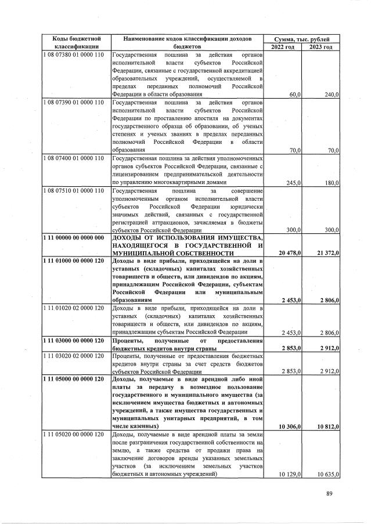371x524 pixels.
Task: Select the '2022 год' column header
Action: click(283, 46)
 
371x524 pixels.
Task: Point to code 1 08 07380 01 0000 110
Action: click(73, 55)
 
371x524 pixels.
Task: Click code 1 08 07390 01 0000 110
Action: click(73, 102)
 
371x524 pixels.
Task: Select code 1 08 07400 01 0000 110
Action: click(73, 157)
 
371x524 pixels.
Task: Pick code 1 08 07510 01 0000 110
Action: click(73, 190)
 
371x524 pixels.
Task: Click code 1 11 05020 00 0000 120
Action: click(73, 435)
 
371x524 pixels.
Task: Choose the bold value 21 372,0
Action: click(327, 254)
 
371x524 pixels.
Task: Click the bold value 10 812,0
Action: click(327, 427)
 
